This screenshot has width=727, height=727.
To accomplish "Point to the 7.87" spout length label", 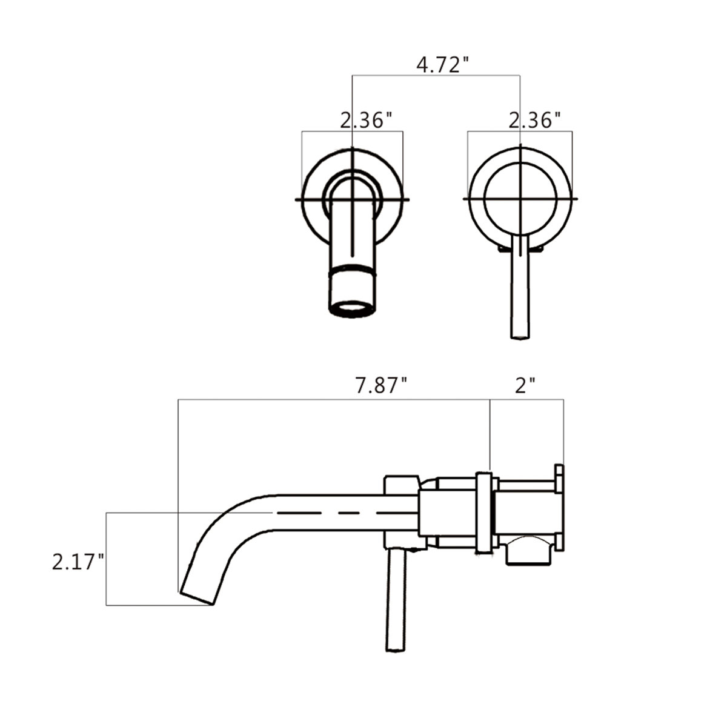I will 381,385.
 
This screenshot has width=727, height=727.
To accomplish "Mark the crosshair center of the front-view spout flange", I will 353,199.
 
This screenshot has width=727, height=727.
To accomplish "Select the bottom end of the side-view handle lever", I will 396,648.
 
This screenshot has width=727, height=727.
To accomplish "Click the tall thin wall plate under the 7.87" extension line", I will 484,512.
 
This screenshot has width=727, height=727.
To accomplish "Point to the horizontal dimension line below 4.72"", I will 436,76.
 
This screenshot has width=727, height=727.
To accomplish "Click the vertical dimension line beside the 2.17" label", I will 107,557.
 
